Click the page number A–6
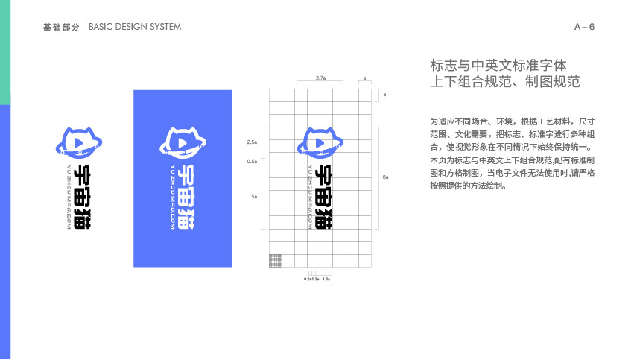pos(584,27)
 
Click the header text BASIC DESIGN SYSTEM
pos(134,27)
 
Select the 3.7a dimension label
pos(320,78)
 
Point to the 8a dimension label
pos(385,177)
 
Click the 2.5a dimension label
pos(252,141)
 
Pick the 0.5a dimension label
pos(252,160)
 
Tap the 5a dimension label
pos(254,196)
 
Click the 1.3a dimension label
pos(326,278)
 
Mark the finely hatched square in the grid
pos(275,260)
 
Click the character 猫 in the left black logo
pos(83,217)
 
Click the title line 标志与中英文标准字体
pos(492,65)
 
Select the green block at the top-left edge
pos(4,52)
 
